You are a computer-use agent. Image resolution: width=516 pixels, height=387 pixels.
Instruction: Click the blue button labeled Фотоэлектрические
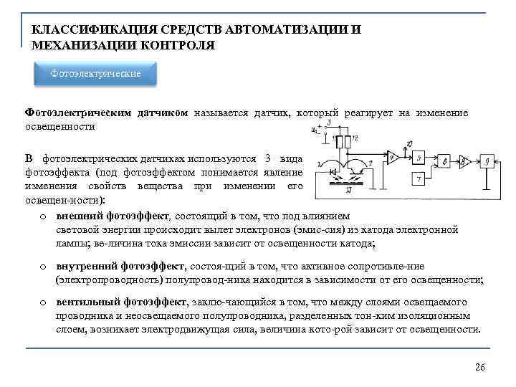tap(95, 74)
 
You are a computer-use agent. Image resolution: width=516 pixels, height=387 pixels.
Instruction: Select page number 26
tap(480, 367)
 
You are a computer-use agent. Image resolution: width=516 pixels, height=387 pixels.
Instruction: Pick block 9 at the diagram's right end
tap(487, 159)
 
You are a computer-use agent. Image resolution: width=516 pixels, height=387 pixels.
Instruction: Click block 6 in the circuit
tap(445, 161)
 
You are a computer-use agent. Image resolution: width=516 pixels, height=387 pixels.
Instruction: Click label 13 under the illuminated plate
tap(348, 191)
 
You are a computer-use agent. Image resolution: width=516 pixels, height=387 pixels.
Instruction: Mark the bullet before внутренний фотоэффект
tap(44, 267)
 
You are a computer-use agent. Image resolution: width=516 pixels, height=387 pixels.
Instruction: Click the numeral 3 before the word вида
tap(267, 157)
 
